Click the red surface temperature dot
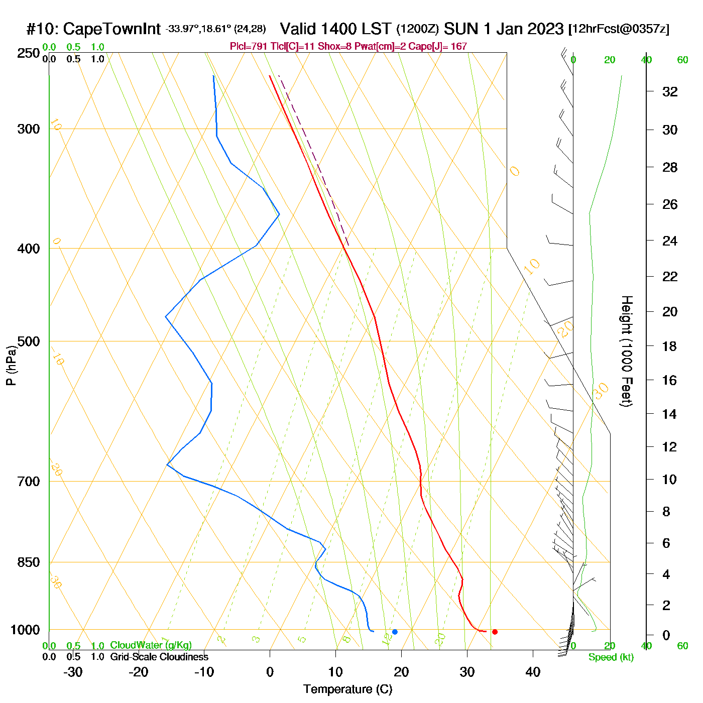tap(495, 632)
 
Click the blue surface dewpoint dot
tap(395, 632)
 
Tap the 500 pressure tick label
tap(29, 341)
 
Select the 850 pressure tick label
tap(29, 562)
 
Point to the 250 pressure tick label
tap(29, 53)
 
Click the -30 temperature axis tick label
tap(73, 672)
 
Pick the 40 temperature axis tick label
tap(533, 672)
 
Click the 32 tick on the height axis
tap(670, 92)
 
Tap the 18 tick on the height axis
tap(670, 346)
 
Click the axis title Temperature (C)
tap(347, 689)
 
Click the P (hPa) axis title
tap(11, 365)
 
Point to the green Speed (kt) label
tap(611, 657)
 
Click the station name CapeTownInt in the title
tap(111, 29)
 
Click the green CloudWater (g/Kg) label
tap(151, 645)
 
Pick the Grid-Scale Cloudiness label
tap(159, 657)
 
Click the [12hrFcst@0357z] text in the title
tap(619, 29)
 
